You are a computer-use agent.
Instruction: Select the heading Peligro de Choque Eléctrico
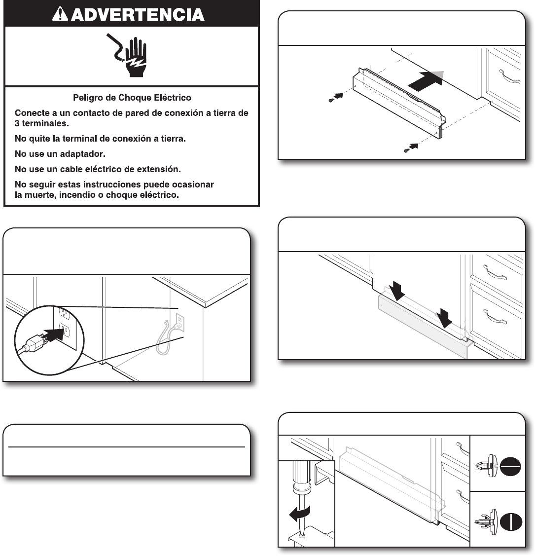pos(132,97)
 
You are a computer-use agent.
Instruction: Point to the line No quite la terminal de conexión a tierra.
pos(100,139)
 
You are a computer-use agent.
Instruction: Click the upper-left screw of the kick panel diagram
pos(331,100)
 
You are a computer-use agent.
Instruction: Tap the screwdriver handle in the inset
pos(301,473)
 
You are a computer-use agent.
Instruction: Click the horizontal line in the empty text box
pos(127,447)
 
